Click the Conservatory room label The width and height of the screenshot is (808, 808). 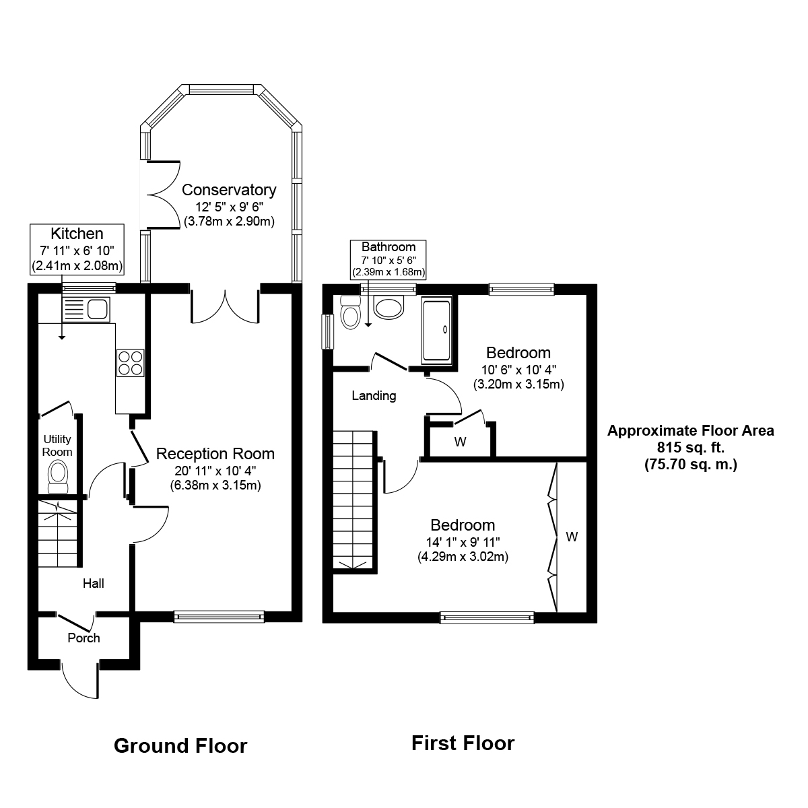click(229, 190)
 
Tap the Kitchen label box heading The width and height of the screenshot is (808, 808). click(77, 234)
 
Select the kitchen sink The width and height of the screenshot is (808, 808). click(86, 309)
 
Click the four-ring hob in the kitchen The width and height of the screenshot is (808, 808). click(129, 362)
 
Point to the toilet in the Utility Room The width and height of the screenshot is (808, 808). click(59, 473)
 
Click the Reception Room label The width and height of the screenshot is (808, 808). click(215, 454)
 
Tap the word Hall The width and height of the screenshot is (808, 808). click(93, 583)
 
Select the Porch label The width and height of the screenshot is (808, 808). click(83, 638)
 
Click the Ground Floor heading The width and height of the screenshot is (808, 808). click(180, 745)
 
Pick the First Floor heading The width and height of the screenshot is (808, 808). click(463, 743)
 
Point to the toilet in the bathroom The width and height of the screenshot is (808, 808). click(350, 312)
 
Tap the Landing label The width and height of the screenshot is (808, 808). click(374, 396)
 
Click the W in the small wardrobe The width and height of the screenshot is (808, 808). click(461, 442)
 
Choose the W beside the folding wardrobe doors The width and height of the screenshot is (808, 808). click(572, 537)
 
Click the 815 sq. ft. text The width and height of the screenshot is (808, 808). click(690, 447)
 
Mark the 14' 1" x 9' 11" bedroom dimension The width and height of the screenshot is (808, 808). click(462, 541)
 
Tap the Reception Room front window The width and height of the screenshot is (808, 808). click(219, 615)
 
